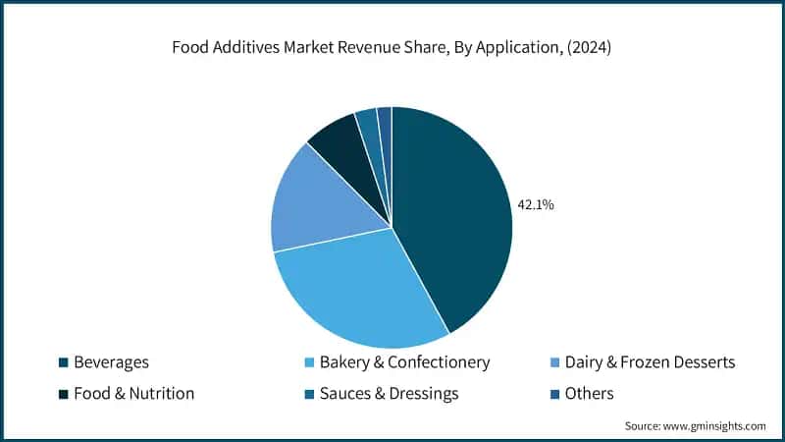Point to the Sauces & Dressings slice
point(368,124)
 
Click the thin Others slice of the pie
point(385,120)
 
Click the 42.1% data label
point(536,205)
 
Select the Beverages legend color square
point(63,362)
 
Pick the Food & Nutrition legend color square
point(63,394)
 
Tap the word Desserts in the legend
point(699,362)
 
